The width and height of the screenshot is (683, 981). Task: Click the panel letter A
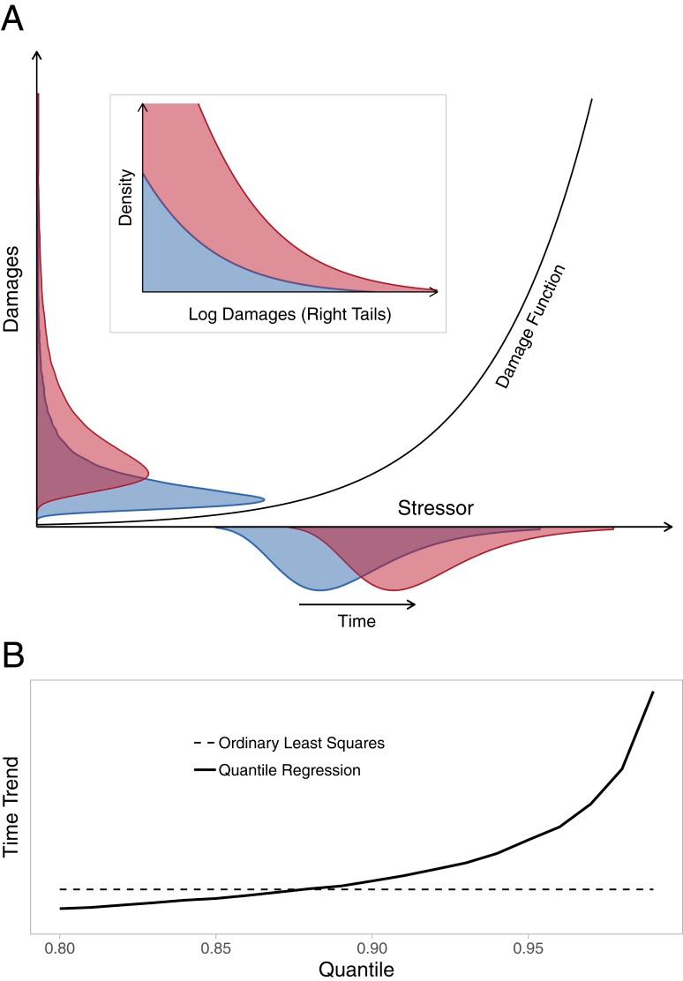pos(13,17)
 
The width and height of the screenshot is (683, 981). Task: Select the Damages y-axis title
pos(11,299)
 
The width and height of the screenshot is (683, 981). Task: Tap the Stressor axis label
pos(435,508)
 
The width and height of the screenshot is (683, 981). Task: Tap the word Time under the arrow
pos(357,621)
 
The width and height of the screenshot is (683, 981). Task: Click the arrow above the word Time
pos(357,604)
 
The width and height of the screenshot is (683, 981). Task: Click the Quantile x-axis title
pos(356,969)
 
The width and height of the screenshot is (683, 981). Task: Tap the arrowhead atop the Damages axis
pos(36,55)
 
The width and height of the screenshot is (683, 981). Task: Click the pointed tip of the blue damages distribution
pos(264,499)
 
